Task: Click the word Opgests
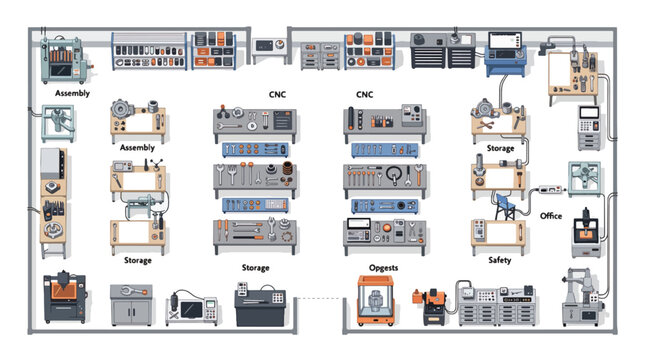(383, 268)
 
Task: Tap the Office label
(551, 216)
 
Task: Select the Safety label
(499, 260)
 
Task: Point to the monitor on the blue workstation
(505, 41)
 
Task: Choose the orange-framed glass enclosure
(375, 300)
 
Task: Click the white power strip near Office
(550, 189)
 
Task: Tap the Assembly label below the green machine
(72, 93)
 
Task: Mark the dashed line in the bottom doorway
(319, 298)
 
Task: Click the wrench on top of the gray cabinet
(132, 291)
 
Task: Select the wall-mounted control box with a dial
(269, 45)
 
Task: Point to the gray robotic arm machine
(582, 297)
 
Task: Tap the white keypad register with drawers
(589, 128)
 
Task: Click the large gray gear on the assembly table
(121, 109)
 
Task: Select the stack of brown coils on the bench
(288, 168)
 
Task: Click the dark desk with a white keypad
(260, 303)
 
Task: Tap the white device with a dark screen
(192, 309)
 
